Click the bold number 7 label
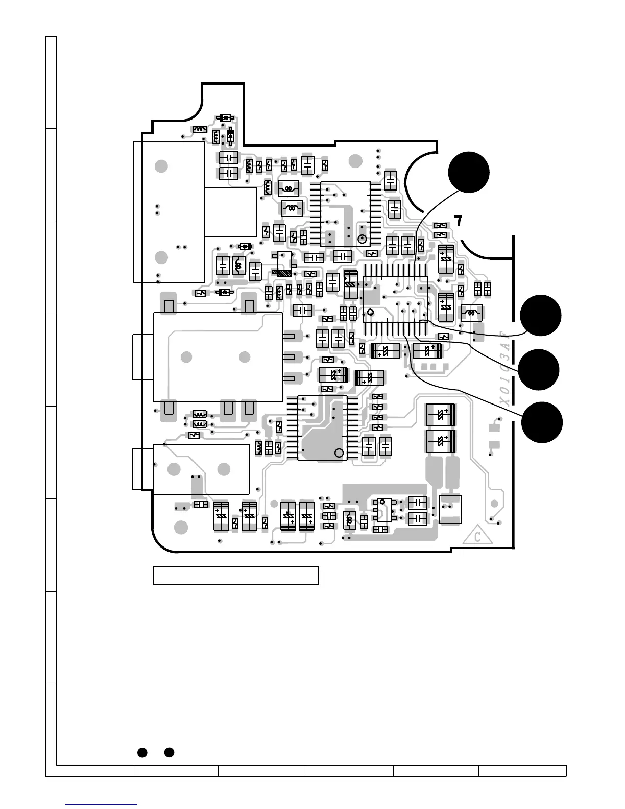(x=459, y=221)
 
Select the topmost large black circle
(x=469, y=172)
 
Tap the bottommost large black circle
(x=542, y=422)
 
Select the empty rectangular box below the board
(x=236, y=575)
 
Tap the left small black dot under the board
(x=142, y=752)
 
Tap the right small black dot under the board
(x=170, y=752)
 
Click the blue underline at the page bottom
(x=101, y=805)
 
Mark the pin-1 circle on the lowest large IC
(x=339, y=453)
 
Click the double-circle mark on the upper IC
(x=362, y=239)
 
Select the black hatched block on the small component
(x=282, y=273)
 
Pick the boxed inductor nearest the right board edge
(x=471, y=312)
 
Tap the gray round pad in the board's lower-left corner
(x=180, y=527)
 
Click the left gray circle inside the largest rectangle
(x=186, y=357)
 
